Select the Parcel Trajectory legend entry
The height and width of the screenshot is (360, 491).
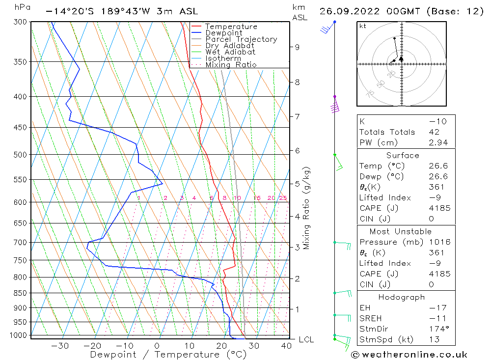tap(241, 39)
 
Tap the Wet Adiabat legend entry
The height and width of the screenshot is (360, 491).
tap(230, 52)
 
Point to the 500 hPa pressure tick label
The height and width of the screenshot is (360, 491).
tap(20, 155)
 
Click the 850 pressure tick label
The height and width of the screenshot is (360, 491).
tap(20, 293)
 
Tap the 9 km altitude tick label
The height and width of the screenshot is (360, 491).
tap(297, 47)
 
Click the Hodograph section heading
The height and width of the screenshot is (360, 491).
tap(402, 297)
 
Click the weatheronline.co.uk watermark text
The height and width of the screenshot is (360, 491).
tap(409, 354)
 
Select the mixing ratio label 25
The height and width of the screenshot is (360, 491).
tap(283, 198)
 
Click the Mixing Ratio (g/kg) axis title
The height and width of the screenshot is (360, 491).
tap(307, 208)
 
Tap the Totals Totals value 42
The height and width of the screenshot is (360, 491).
tap(434, 132)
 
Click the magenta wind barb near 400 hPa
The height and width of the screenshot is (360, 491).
tap(335, 107)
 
